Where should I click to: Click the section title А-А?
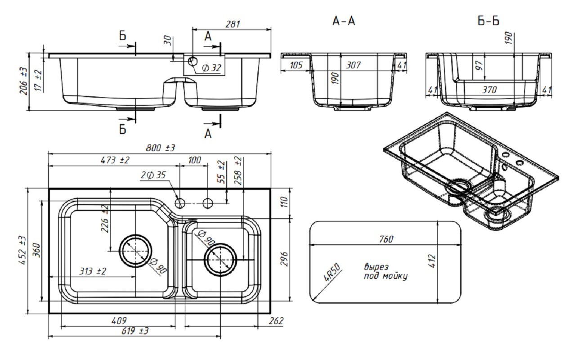point(343,21)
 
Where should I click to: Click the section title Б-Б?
point(489,21)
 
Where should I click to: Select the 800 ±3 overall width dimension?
point(160,148)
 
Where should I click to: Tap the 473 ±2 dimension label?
point(115,160)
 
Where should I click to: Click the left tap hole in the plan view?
point(180,203)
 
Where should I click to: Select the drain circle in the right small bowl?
point(220,261)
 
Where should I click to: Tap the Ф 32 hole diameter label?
point(211,68)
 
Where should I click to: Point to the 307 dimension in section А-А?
point(353,66)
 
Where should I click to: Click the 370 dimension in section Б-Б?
point(489,90)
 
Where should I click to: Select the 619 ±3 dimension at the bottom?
point(135,331)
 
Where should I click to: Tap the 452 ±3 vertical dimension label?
point(23,250)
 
